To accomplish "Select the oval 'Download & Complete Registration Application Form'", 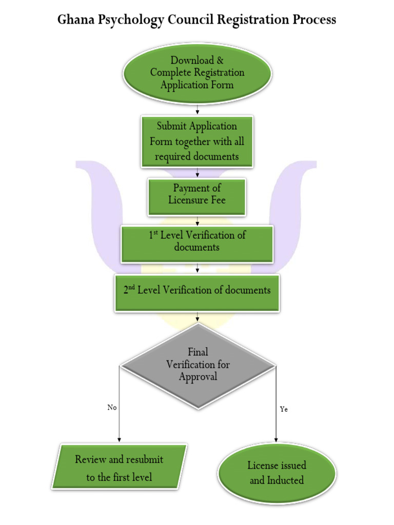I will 197,73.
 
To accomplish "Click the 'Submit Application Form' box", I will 197,141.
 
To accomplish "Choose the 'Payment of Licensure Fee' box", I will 197,195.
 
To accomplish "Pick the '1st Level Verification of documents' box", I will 197,241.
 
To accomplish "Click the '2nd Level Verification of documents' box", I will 197,291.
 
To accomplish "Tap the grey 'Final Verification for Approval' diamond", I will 198,365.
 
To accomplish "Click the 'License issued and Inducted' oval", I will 277,473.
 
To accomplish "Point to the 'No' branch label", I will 112,407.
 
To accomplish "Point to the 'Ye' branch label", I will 284,409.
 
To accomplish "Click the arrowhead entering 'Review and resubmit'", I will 119,439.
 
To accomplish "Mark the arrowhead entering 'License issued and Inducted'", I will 277,439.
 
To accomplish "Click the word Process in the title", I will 313,19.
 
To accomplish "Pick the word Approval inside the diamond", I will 198,376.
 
